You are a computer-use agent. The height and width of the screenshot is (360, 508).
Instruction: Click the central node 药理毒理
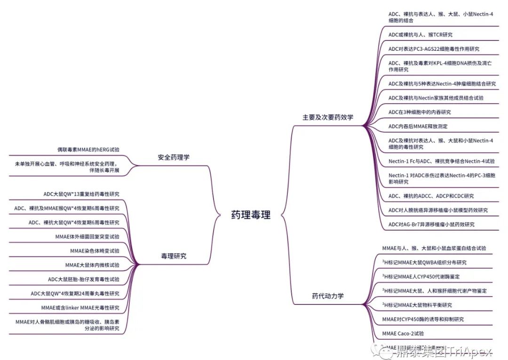coord(251,215)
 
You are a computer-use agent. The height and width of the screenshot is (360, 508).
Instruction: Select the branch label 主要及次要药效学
coord(327,117)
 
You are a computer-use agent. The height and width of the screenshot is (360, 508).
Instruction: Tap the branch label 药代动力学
coord(328,296)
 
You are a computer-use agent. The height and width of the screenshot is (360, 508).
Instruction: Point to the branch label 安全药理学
coord(174,157)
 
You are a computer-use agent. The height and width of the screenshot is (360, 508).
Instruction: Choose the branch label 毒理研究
coord(174,256)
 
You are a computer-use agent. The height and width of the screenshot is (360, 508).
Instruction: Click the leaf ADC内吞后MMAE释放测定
coord(418,126)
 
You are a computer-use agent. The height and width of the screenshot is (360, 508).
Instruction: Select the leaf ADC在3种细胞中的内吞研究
coord(419,112)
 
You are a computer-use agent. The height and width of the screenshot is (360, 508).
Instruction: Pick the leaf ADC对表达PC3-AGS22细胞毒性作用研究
coord(434,49)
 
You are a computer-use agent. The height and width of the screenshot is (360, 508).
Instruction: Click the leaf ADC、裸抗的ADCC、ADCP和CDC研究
coord(431,196)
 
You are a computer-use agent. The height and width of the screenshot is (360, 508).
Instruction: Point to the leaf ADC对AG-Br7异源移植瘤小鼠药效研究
coord(431,224)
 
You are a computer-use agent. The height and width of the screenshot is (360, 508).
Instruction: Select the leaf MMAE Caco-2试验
coord(403,333)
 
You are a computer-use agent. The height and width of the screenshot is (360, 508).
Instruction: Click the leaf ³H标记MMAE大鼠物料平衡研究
coord(417,305)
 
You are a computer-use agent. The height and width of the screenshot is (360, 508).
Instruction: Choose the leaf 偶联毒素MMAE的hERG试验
coord(88,150)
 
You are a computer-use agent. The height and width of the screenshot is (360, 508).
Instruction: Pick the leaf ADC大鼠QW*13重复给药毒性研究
coord(81,194)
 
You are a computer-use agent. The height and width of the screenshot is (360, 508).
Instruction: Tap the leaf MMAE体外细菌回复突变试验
coord(87,236)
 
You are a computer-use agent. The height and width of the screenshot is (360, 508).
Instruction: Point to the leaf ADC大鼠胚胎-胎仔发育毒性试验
coord(83,279)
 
